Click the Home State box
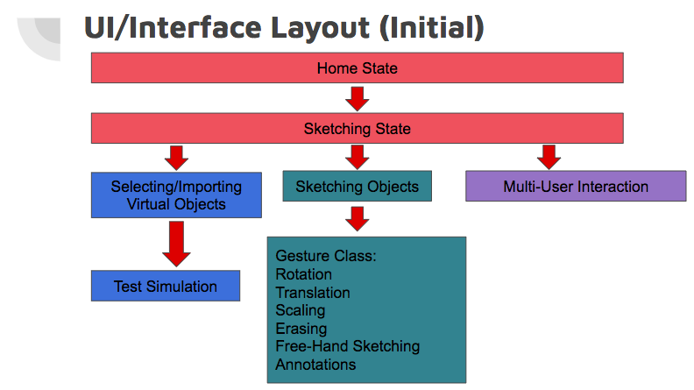(x=357, y=67)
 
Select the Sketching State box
(x=357, y=129)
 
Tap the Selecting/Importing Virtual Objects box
(x=176, y=195)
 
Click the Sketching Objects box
(x=357, y=186)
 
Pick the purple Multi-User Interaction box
(x=576, y=186)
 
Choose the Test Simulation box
(x=165, y=286)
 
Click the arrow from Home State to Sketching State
(x=357, y=98)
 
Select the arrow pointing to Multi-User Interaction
(x=549, y=157)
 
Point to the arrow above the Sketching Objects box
(x=357, y=157)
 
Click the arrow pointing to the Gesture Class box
(x=357, y=218)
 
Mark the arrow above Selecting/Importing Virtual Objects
(x=176, y=157)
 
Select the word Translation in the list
(x=312, y=293)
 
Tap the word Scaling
(x=300, y=310)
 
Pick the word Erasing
(x=301, y=329)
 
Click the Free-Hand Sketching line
(x=347, y=346)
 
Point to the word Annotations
(x=315, y=364)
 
